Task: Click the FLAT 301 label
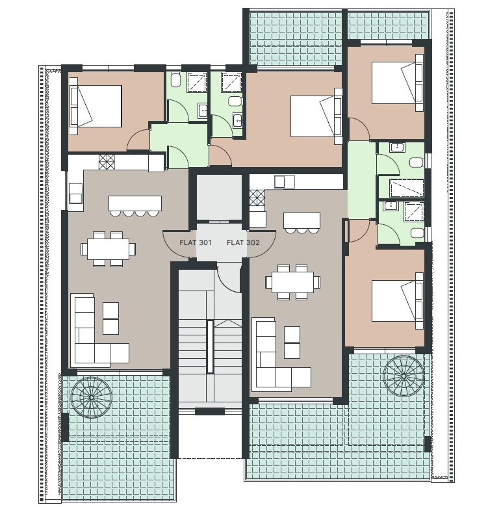195,242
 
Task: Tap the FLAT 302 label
243,242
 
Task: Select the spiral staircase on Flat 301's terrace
91,397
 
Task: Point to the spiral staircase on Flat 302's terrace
404,376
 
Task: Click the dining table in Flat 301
108,249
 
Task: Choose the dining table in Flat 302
293,282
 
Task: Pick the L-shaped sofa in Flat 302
279,354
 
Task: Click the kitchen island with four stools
135,205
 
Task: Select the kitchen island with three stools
302,222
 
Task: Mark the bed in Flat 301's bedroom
96,106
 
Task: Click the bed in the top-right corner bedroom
398,83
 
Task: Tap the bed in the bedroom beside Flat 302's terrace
398,301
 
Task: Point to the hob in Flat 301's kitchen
107,161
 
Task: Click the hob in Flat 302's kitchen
257,198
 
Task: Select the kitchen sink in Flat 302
285,181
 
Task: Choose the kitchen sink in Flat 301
76,193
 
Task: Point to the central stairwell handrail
210,346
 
